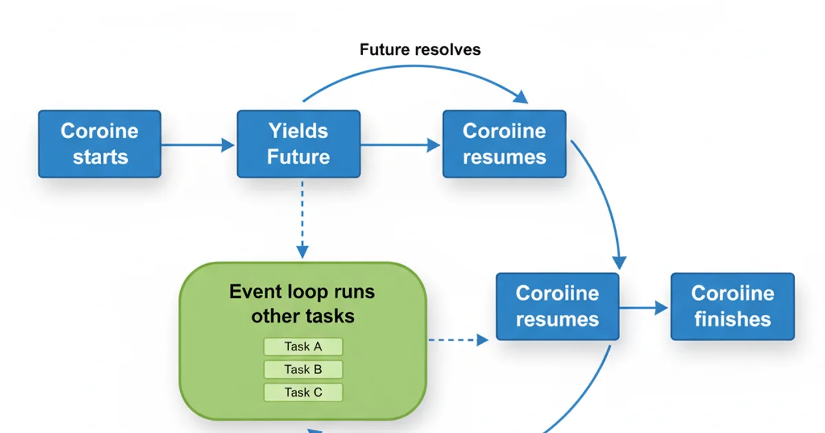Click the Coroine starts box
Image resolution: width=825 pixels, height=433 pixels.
[x=100, y=144]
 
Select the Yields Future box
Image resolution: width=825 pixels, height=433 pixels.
[x=298, y=144]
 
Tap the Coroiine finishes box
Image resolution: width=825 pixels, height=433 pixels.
[x=732, y=307]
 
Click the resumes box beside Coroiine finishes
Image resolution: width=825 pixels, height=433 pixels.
[x=558, y=307]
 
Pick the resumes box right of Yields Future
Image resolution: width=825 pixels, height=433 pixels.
[x=504, y=144]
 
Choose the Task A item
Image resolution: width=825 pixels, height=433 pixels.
[x=303, y=346]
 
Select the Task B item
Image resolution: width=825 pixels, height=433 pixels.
[x=303, y=369]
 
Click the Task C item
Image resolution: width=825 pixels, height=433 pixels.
[x=303, y=392]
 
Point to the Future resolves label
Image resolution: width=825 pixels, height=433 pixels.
[x=420, y=49]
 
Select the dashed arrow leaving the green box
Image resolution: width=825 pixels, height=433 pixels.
[x=458, y=339]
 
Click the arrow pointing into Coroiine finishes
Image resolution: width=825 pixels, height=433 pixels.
[x=643, y=307]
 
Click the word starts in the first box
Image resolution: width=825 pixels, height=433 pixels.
[x=100, y=157]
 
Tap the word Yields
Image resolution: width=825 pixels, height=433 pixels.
[x=298, y=131]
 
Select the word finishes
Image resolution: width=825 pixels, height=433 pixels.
[x=732, y=319]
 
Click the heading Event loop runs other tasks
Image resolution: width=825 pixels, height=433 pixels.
[x=302, y=303]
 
